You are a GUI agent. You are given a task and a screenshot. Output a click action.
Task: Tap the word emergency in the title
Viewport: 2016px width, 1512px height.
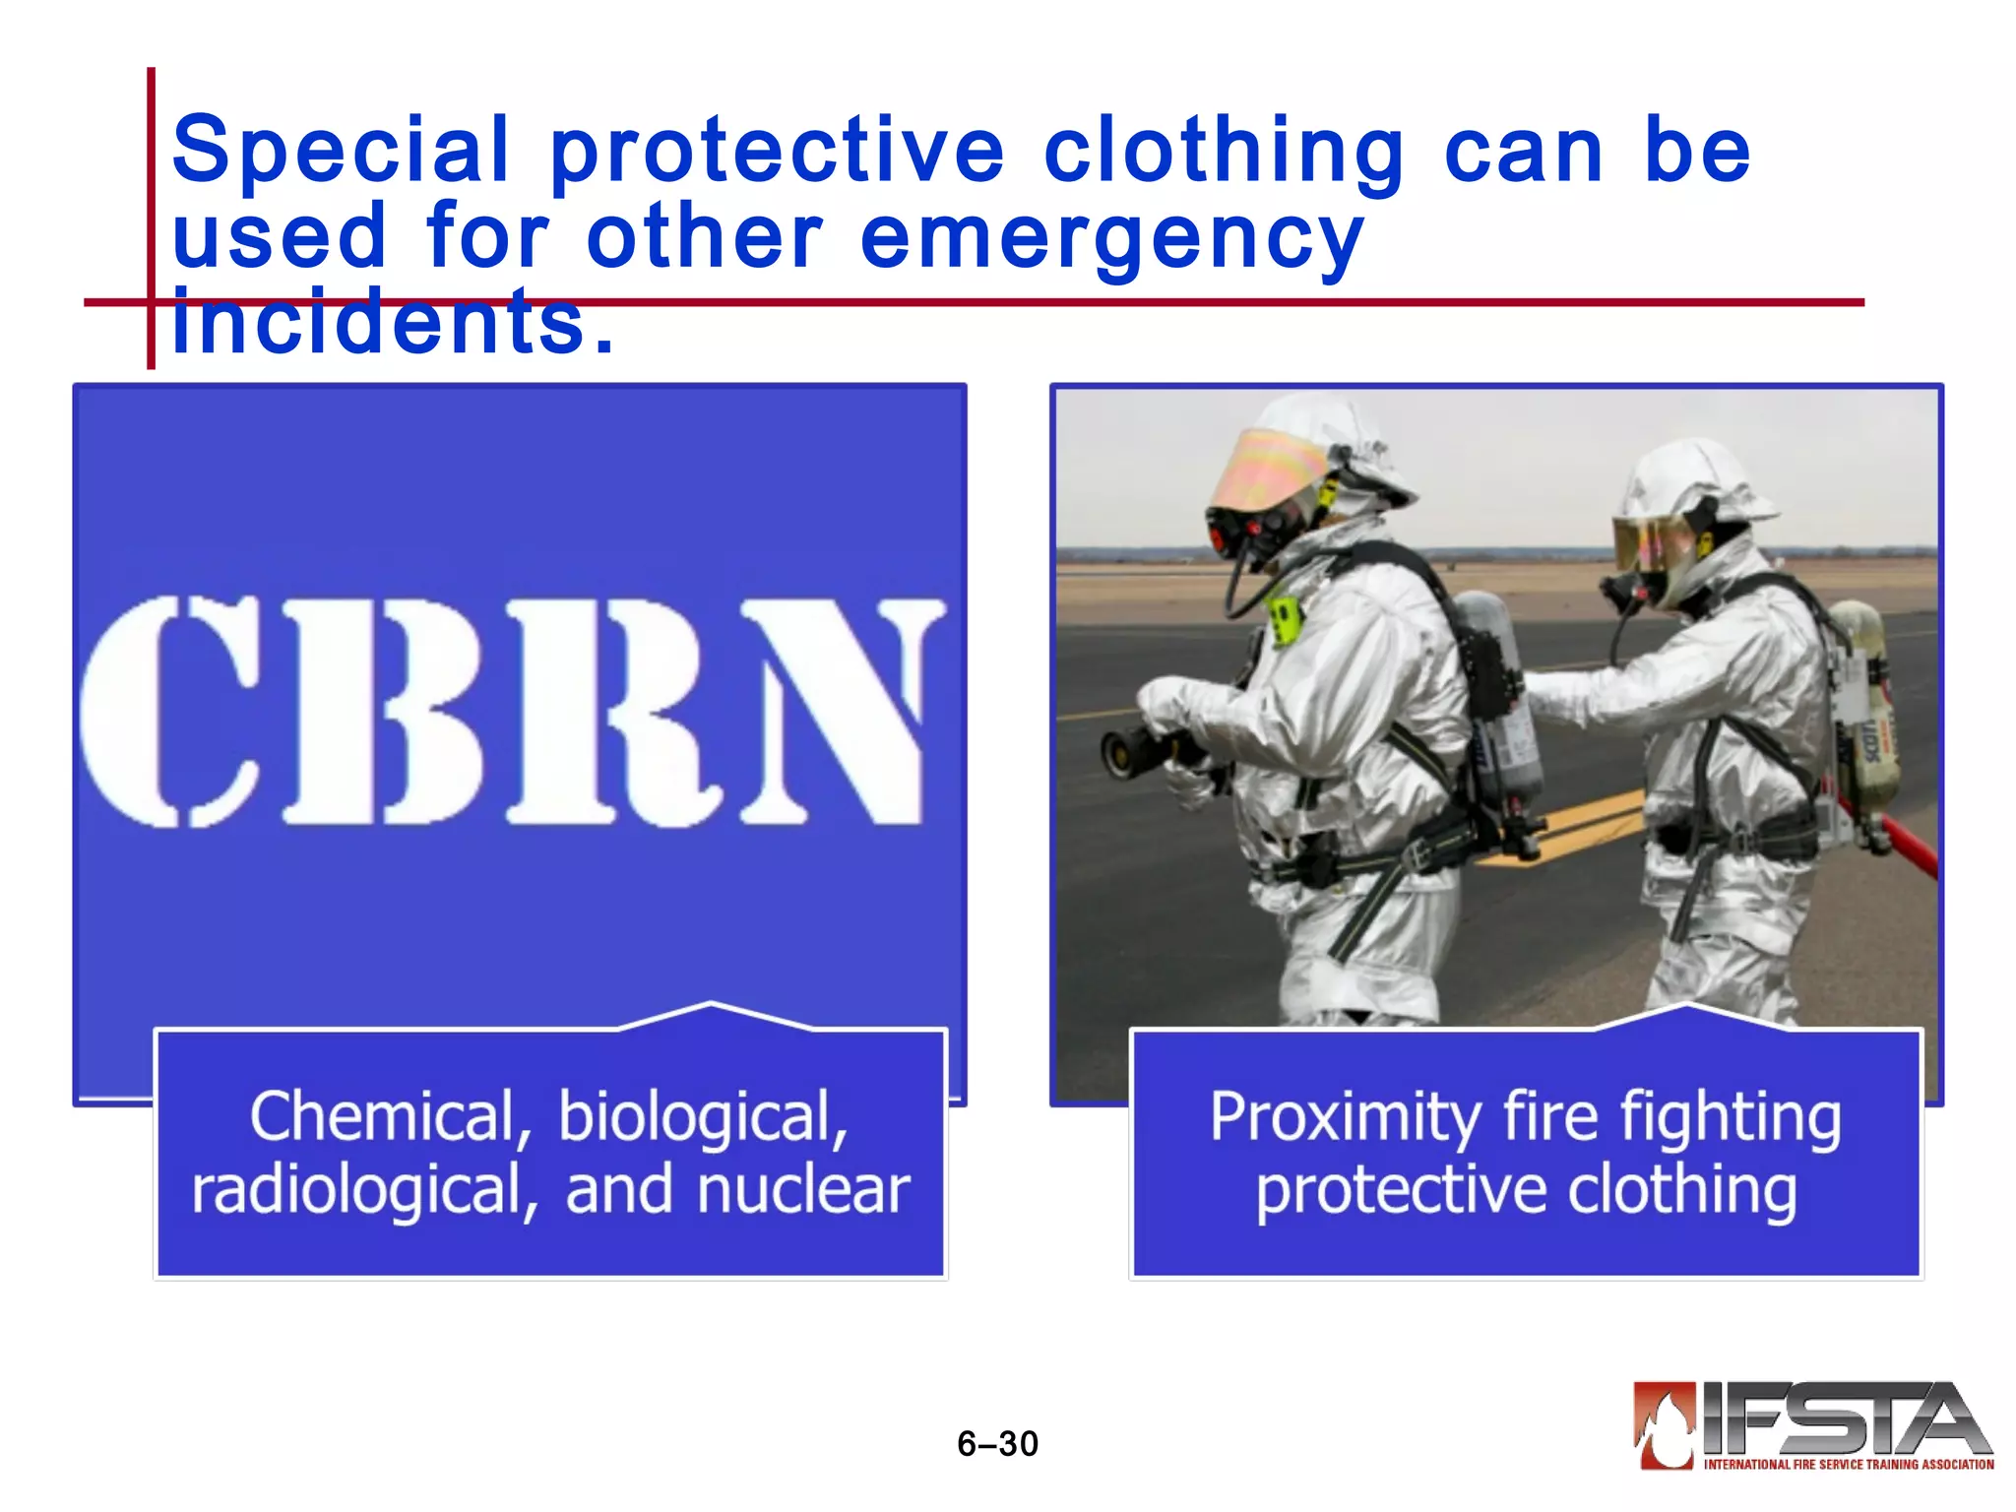coord(1111,238)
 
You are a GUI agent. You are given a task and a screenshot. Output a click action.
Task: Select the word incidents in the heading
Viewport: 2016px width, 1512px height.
coord(392,323)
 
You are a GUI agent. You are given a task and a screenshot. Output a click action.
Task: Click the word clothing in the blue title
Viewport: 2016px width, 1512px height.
coord(1223,152)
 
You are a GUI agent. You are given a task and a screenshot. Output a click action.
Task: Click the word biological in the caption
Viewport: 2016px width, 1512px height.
coord(703,1117)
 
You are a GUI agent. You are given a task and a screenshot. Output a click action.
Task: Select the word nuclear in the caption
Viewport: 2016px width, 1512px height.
coord(802,1190)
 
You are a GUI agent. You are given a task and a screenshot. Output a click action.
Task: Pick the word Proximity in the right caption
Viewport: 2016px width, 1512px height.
coord(1344,1117)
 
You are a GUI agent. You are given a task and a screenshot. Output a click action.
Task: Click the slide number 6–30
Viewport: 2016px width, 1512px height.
coord(997,1444)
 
